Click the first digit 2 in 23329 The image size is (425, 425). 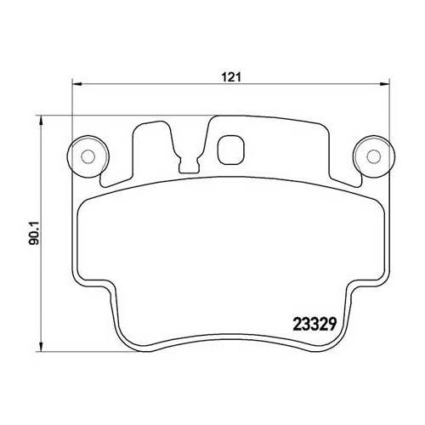[286, 324]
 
